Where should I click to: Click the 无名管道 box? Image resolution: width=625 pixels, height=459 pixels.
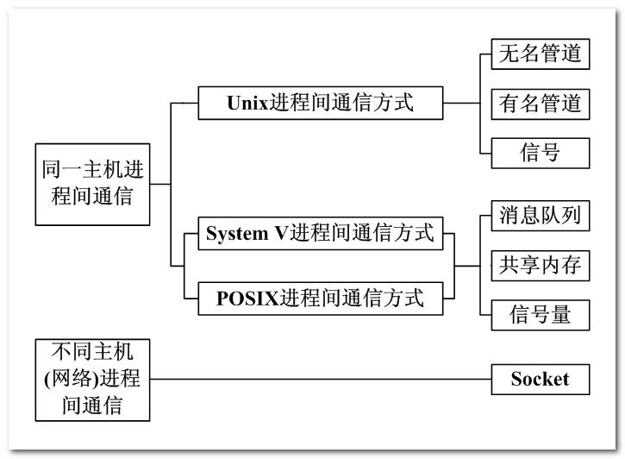coord(541,53)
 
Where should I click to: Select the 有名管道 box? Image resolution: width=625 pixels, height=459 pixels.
coord(541,104)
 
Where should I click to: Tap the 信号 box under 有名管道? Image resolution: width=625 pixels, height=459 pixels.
coord(541,153)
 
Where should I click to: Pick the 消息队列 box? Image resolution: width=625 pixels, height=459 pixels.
coord(541,216)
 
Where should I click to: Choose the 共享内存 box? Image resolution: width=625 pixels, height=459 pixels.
coord(541,266)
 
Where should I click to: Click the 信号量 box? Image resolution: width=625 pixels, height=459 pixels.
coord(541,315)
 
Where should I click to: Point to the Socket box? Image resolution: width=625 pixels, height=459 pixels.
coord(541,380)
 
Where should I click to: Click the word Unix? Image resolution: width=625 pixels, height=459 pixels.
coord(247,103)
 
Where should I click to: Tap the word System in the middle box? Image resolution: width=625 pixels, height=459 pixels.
coord(237,234)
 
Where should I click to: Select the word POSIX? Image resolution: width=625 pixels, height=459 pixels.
coord(247,299)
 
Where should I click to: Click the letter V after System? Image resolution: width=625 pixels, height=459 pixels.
coord(281,234)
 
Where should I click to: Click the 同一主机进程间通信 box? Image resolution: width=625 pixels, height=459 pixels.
coord(92,185)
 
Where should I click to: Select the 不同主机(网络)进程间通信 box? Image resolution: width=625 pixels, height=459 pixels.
coord(92,380)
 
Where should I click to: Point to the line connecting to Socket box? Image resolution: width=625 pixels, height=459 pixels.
coord(321,380)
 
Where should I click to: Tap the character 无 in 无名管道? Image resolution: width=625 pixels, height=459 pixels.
coord(509,53)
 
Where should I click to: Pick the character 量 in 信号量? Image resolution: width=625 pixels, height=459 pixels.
coord(561,315)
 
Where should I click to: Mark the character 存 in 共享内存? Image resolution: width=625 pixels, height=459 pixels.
coord(572,265)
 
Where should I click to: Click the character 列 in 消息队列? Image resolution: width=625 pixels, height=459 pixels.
coord(572,216)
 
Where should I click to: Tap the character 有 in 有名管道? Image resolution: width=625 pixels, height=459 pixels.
coord(509,104)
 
